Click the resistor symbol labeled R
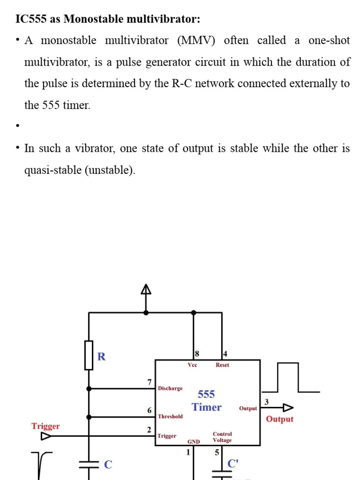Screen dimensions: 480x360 pyautogui.click(x=89, y=355)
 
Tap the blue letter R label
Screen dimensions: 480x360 pyautogui.click(x=101, y=357)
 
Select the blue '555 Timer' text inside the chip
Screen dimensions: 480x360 pyautogui.click(x=206, y=401)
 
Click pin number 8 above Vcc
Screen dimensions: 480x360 pyautogui.click(x=196, y=354)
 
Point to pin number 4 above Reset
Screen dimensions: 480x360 pyautogui.click(x=225, y=354)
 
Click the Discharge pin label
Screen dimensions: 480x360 pyautogui.click(x=170, y=389)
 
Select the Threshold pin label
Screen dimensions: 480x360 pyautogui.click(x=170, y=416)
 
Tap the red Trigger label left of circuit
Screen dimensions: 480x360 pyautogui.click(x=45, y=426)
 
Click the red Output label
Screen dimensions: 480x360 pyautogui.click(x=279, y=419)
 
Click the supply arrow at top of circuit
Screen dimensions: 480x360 pyautogui.click(x=146, y=290)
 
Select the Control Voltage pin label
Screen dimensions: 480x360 pyautogui.click(x=222, y=437)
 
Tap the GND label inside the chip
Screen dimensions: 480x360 pyautogui.click(x=194, y=442)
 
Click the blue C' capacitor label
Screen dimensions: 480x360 pyautogui.click(x=233, y=464)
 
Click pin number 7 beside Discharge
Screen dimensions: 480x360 pyautogui.click(x=150, y=382)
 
